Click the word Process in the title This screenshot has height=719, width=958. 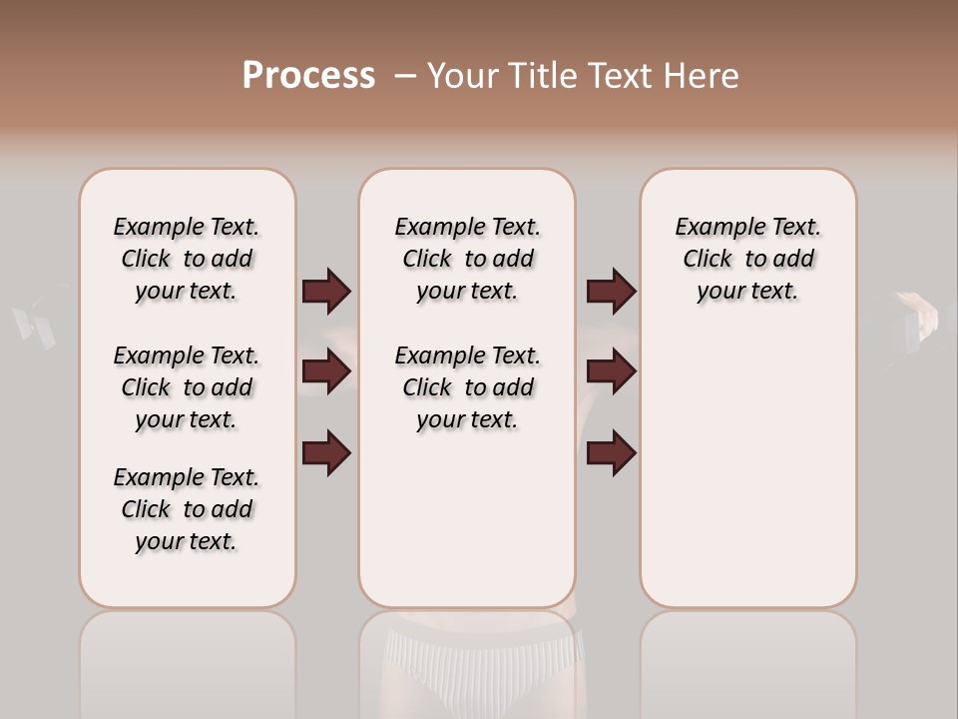click(308, 76)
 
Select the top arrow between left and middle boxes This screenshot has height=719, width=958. click(326, 291)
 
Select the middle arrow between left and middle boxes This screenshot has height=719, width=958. click(326, 370)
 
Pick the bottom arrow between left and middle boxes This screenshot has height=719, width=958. click(326, 452)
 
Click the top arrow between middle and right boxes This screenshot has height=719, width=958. click(611, 291)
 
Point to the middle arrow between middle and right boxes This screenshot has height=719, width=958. click(611, 370)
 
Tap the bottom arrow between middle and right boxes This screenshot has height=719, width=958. click(611, 452)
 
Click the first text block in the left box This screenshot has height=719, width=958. click(187, 259)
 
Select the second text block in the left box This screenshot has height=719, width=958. click(187, 387)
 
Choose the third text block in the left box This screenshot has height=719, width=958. click(187, 509)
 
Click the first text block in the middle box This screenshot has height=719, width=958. click(467, 259)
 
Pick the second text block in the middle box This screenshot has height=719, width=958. click(467, 387)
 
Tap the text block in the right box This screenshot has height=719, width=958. click(747, 259)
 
